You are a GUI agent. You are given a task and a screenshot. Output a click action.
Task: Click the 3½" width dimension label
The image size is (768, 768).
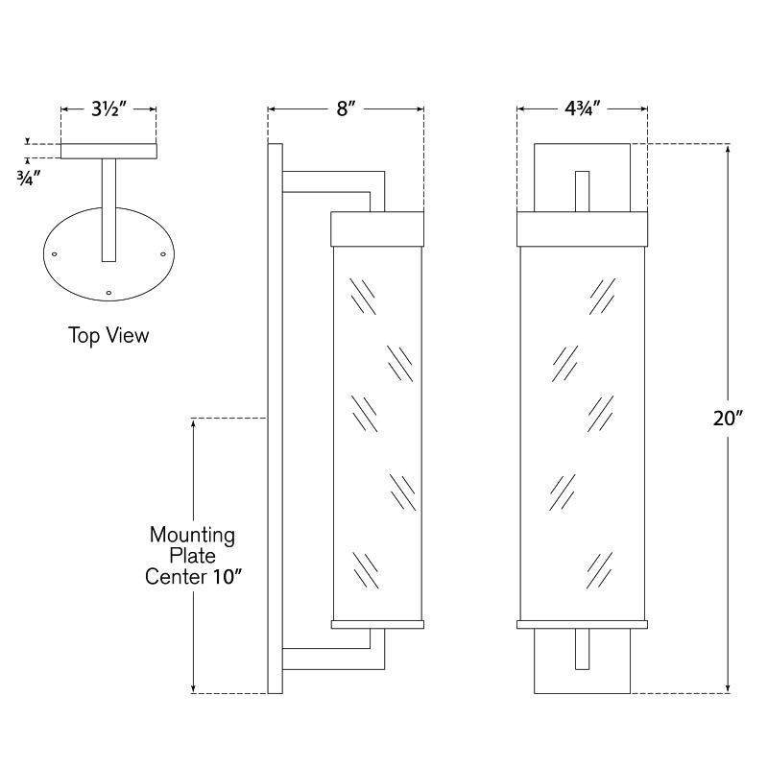click(108, 108)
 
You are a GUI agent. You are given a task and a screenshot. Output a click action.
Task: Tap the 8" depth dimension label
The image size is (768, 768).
click(346, 108)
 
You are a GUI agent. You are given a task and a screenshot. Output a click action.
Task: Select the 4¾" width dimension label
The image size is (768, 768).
click(583, 108)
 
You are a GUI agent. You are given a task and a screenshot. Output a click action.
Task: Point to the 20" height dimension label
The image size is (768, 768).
click(728, 419)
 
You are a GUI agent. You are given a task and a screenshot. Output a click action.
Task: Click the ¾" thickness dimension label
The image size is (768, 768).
click(29, 179)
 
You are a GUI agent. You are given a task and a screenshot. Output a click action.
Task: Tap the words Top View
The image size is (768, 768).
click(108, 336)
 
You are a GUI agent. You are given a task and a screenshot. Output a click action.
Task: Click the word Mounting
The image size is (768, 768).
click(193, 536)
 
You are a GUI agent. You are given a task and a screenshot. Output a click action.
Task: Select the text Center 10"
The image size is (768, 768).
click(194, 577)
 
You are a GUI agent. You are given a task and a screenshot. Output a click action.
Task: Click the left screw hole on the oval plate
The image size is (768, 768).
click(55, 254)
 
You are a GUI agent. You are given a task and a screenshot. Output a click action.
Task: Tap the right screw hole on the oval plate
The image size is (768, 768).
click(163, 254)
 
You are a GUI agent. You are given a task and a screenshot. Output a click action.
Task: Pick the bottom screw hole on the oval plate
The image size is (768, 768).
click(108, 293)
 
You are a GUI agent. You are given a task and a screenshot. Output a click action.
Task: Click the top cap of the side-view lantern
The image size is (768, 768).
click(377, 228)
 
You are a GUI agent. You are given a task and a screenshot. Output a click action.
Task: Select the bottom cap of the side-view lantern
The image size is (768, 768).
click(377, 625)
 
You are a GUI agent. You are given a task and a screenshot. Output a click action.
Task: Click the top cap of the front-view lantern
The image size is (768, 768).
click(583, 228)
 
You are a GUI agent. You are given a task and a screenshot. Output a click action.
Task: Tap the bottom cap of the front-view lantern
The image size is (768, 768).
click(583, 625)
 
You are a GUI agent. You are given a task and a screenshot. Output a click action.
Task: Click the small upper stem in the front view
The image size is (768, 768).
click(583, 191)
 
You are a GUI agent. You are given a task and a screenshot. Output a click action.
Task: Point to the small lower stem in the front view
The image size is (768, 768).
click(583, 649)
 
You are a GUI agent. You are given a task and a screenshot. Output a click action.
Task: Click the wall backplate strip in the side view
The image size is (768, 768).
click(276, 419)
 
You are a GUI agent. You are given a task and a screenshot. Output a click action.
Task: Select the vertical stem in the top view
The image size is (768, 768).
click(108, 210)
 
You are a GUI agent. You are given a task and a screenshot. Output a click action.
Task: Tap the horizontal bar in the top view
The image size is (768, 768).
click(108, 151)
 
